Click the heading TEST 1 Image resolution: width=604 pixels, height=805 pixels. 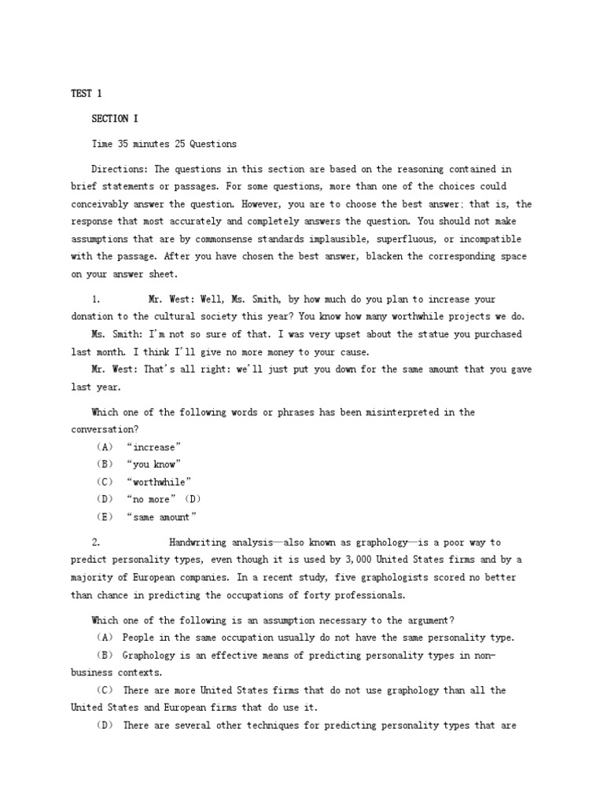(x=87, y=94)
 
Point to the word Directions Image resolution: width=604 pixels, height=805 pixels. (x=120, y=169)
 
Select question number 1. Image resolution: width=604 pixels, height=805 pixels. (x=95, y=300)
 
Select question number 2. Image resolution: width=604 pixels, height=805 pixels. (x=95, y=542)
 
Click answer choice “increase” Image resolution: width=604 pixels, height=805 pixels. (x=153, y=447)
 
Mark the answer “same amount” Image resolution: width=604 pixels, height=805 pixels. (x=161, y=516)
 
